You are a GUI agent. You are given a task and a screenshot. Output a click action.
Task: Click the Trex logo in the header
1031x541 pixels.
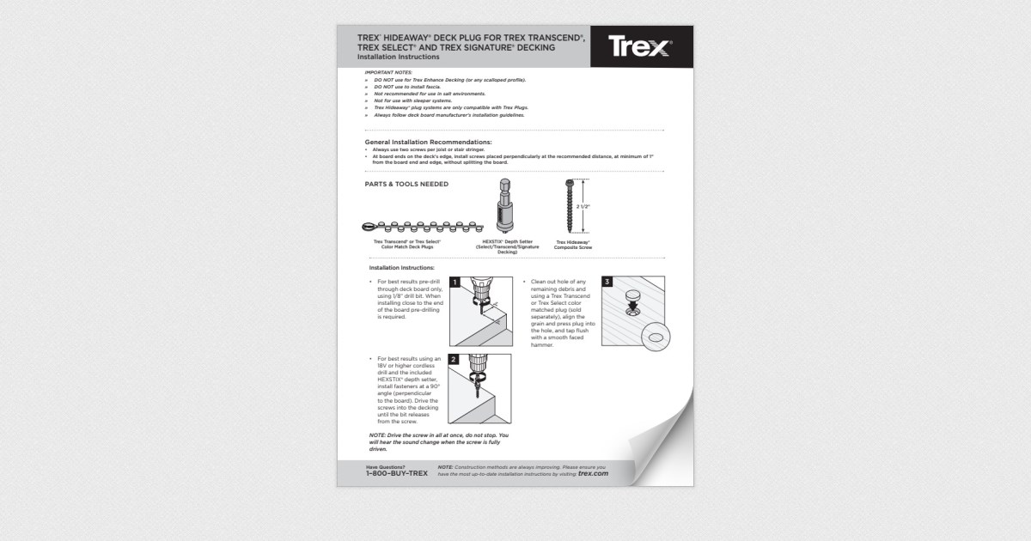point(640,46)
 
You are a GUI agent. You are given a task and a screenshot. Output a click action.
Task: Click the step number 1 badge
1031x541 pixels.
point(454,282)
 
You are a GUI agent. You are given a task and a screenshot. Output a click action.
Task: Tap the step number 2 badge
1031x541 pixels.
point(454,359)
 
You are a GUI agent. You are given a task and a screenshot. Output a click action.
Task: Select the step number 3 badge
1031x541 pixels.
point(608,282)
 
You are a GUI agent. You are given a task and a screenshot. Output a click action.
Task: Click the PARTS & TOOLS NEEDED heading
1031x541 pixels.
point(406,184)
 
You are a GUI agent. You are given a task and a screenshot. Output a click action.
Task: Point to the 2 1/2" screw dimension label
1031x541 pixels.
point(583,207)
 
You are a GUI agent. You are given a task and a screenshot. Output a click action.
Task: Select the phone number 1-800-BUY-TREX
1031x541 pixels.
point(396,473)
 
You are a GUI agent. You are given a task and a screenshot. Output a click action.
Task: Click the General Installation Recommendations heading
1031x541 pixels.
point(428,142)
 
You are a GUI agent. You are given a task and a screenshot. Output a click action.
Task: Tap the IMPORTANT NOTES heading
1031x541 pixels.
point(388,72)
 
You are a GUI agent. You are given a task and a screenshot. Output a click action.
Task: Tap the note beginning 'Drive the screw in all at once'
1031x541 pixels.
point(434,441)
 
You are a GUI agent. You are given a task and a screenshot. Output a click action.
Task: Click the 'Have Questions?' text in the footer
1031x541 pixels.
point(385,465)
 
